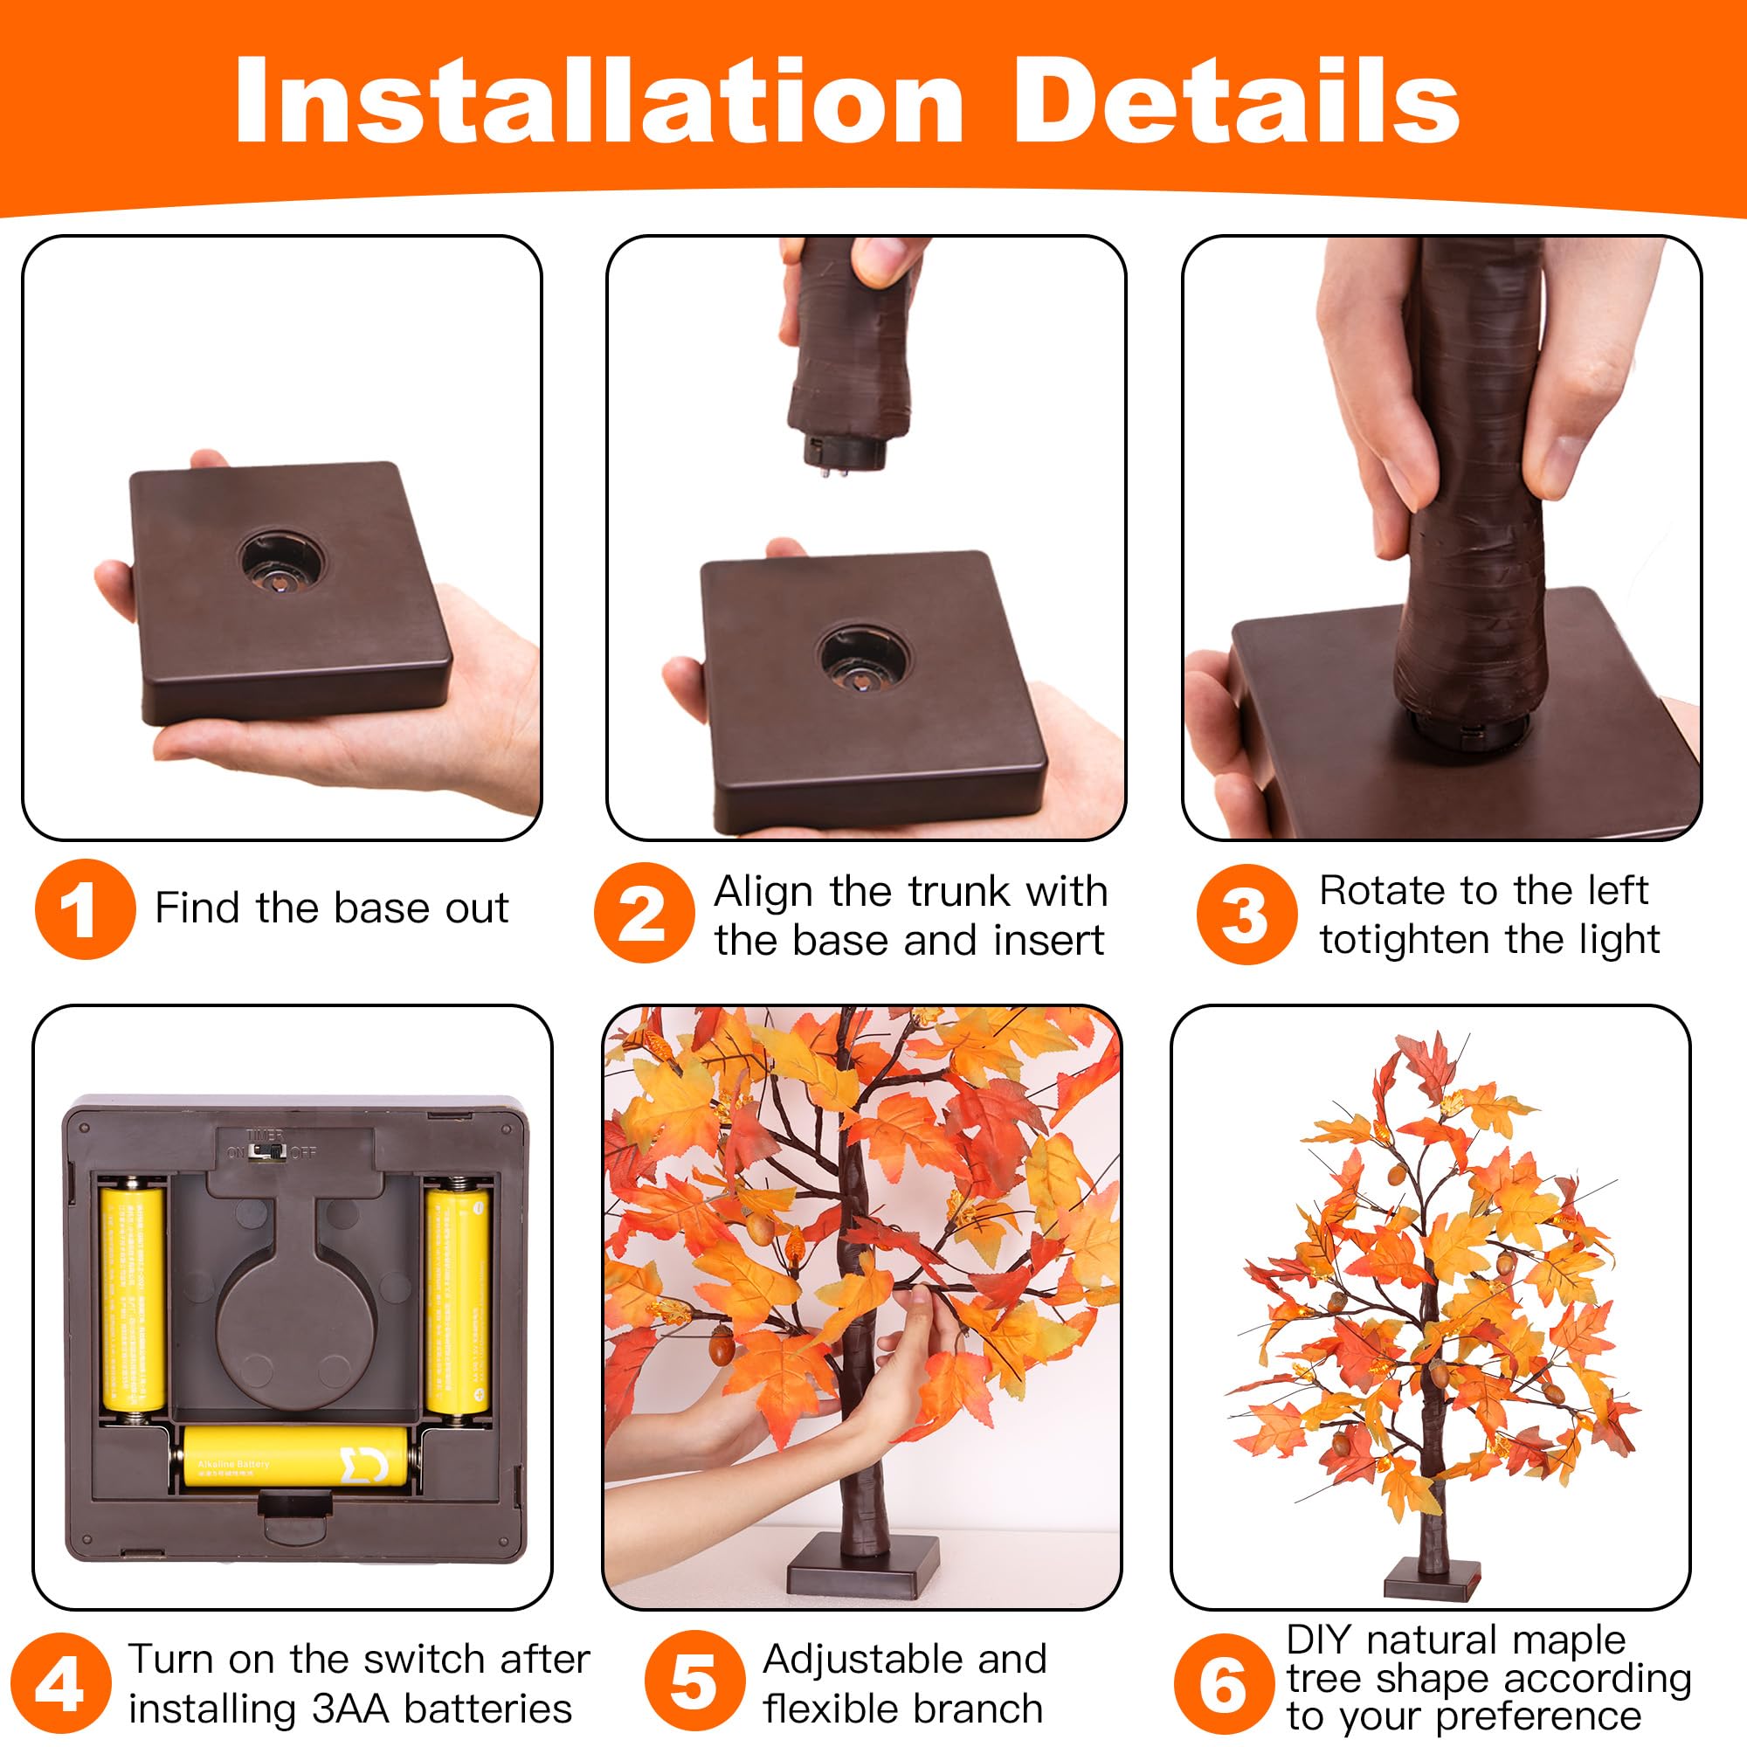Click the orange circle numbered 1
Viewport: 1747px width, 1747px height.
tap(85, 908)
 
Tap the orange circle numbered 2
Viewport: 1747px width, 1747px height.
tap(644, 913)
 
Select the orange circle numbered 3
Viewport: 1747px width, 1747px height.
tap(1246, 914)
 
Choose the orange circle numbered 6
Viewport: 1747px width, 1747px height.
tap(1224, 1684)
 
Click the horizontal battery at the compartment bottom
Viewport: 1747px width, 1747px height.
tap(294, 1455)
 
